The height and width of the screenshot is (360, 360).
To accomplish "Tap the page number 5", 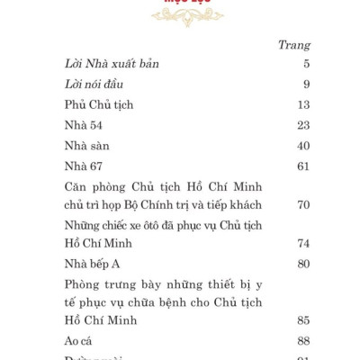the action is tap(306, 64).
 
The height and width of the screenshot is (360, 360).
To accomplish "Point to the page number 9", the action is tap(306, 85).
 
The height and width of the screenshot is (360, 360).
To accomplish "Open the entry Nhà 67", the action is tap(84, 166).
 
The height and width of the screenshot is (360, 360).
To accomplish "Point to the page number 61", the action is tap(302, 166).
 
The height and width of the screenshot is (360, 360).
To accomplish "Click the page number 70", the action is tap(302, 205).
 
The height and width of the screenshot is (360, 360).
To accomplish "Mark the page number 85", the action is tap(302, 321).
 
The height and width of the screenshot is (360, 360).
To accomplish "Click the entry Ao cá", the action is tap(79, 341).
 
